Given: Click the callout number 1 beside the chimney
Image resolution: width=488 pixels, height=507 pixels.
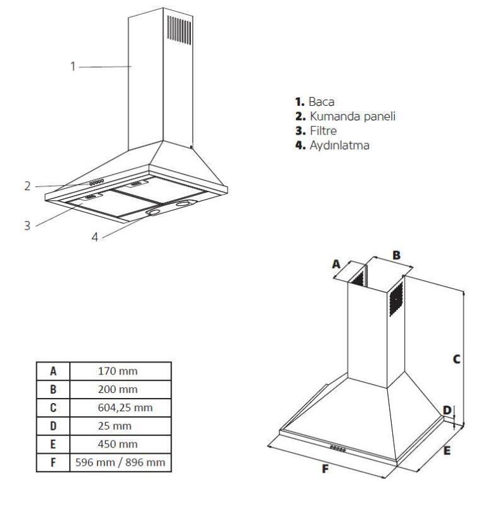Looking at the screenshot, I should point(74,66).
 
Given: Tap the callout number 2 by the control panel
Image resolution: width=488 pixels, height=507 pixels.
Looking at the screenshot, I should point(27,186).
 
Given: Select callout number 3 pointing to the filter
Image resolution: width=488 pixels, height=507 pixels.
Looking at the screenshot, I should point(27,225).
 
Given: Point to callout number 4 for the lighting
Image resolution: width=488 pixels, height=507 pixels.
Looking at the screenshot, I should point(94,237).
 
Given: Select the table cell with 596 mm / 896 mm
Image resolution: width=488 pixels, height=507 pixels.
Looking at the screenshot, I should point(120,462).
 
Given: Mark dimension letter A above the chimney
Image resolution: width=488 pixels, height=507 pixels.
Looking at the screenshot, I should point(337,263).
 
